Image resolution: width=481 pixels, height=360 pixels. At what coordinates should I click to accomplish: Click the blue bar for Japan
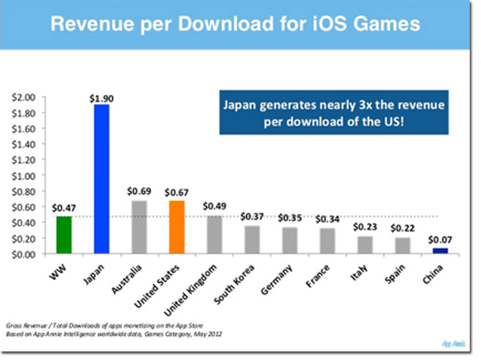coord(102,179)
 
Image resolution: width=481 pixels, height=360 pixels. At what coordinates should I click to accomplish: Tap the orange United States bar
coord(177,227)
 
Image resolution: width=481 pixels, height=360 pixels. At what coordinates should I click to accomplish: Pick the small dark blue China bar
coord(440,250)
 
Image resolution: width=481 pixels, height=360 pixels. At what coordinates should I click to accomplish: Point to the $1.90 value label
coord(102,98)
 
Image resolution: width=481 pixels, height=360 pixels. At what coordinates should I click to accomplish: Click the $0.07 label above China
coord(440,240)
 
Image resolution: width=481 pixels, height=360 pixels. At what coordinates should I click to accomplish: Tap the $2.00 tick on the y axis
coord(22,97)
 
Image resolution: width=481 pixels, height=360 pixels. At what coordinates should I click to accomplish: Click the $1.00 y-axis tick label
coord(22,175)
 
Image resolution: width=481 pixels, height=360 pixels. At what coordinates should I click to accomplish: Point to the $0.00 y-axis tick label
coord(22,254)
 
